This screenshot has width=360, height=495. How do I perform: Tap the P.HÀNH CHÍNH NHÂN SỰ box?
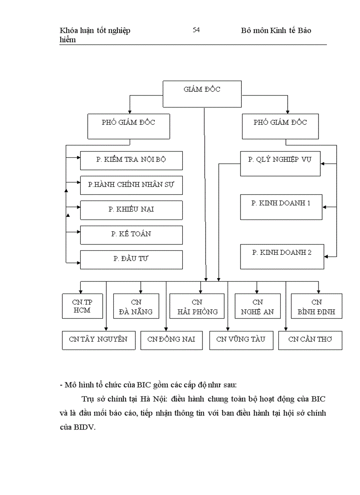pos(131,185)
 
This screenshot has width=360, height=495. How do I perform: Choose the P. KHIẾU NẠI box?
pos(131,210)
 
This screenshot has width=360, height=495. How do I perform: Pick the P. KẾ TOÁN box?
pos(131,234)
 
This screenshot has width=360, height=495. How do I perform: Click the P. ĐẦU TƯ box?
pos(131,259)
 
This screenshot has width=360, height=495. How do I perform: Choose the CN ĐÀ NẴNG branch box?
pos(136,307)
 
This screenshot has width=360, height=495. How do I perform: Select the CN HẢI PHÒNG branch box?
pos(197,307)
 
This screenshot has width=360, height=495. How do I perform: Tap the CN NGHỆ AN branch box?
pos(258,307)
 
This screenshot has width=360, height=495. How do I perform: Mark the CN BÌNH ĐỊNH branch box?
pos(316,307)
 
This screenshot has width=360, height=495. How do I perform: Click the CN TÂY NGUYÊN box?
pos(98,340)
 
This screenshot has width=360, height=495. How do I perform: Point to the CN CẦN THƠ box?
pos(310,340)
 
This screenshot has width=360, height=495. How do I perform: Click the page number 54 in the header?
pos(196,30)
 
